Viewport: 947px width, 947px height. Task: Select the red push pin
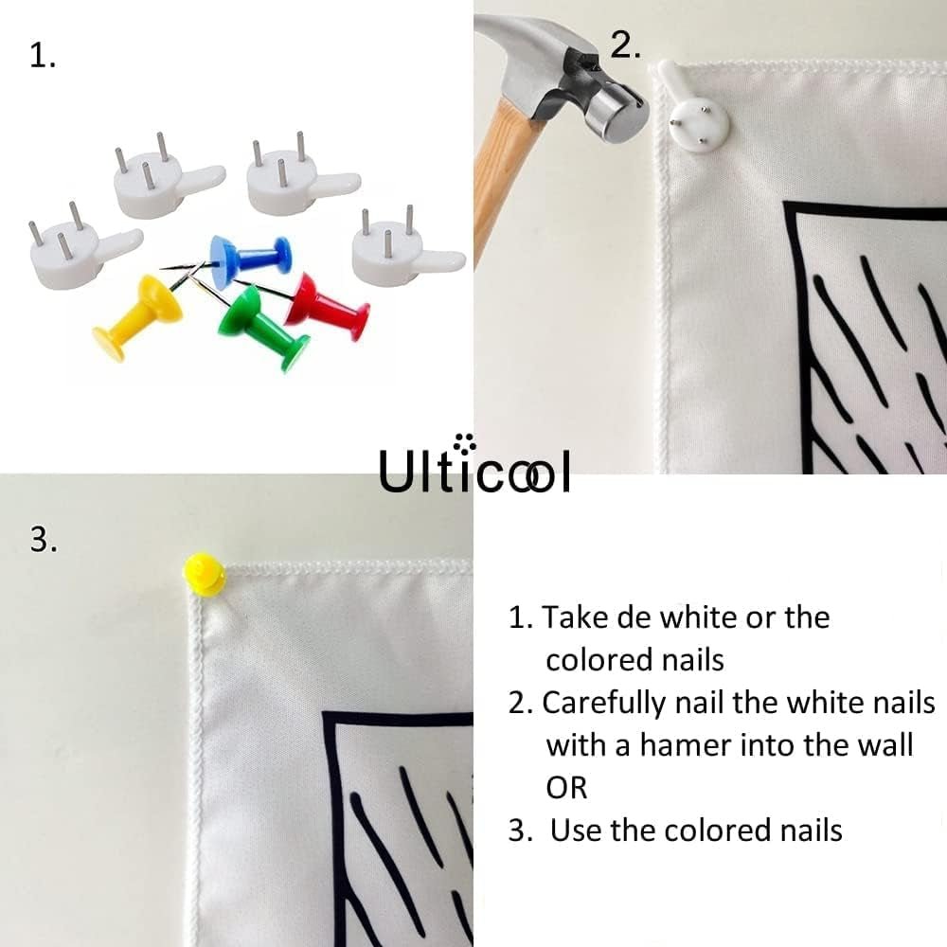point(327,305)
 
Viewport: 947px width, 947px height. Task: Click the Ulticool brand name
point(474,469)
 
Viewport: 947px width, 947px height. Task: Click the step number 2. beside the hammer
point(626,45)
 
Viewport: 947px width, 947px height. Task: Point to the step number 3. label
point(44,540)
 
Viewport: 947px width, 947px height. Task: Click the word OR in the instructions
point(566,787)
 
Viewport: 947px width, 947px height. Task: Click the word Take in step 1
point(577,617)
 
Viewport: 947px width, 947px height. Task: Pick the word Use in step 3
point(576,830)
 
